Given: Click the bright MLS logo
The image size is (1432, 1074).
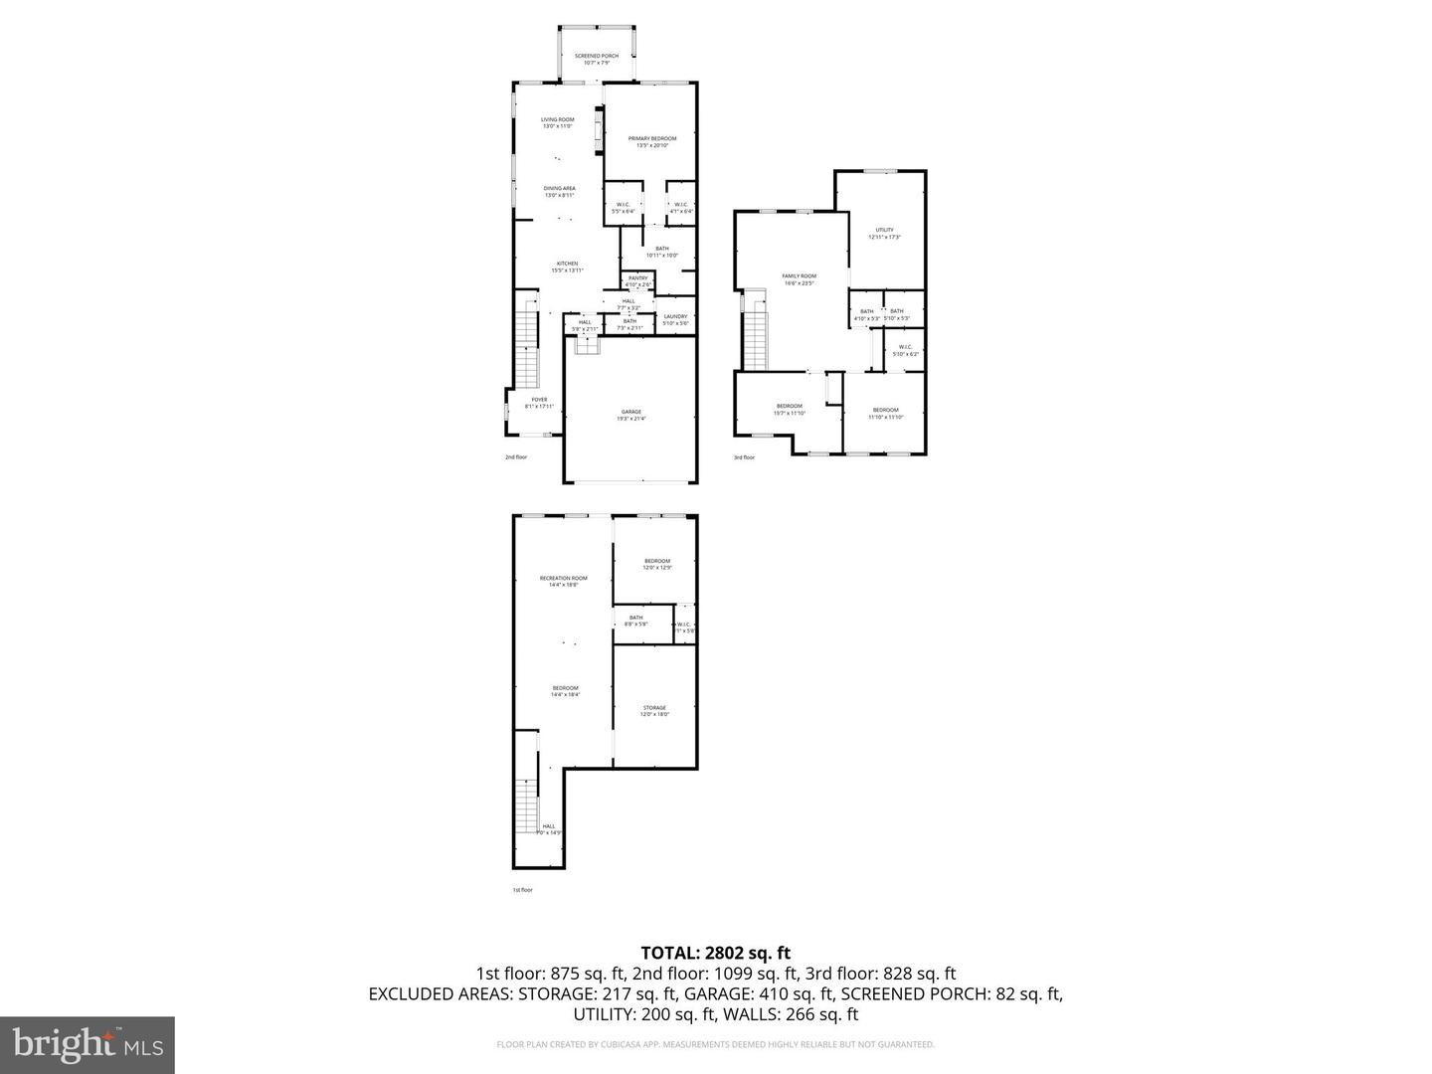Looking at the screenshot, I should [x=88, y=1044].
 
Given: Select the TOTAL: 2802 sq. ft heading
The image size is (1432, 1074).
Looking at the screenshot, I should [x=715, y=953].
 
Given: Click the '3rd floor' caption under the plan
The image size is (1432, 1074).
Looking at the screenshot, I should [x=744, y=457].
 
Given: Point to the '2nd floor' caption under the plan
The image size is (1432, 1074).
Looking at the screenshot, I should [x=515, y=457].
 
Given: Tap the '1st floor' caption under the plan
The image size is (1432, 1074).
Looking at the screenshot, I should [x=522, y=890].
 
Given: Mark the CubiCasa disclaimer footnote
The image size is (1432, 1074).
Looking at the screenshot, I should [x=715, y=1044].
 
